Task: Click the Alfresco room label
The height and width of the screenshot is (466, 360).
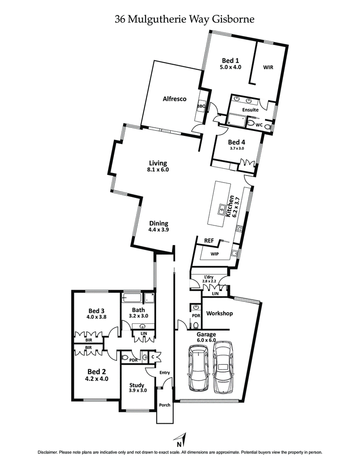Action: [175, 99]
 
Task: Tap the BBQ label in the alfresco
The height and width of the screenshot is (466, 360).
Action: [201, 106]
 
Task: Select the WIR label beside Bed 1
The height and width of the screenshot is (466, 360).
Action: [268, 68]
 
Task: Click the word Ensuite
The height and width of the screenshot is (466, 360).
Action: [250, 110]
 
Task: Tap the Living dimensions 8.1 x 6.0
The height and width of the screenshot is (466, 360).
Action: [158, 170]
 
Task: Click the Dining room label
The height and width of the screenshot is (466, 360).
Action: [158, 223]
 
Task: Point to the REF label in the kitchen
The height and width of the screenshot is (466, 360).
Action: [209, 241]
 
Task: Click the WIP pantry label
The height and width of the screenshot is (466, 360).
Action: [215, 254]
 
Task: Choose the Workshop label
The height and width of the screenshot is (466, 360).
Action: [219, 313]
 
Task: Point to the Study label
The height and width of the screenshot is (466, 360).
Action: [137, 385]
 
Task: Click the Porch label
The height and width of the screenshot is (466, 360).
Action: [165, 405]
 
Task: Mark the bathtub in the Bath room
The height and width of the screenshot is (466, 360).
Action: [133, 298]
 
